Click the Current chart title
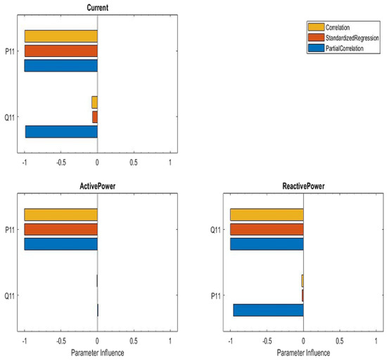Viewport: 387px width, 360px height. tap(97, 8)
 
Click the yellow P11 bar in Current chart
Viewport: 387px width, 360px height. tap(61, 36)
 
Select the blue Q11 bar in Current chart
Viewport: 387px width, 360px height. tap(61, 131)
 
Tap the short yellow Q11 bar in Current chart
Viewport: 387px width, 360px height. tap(94, 102)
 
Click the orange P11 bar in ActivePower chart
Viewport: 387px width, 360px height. tap(61, 229)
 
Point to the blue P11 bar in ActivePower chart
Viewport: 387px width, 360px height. tap(61, 244)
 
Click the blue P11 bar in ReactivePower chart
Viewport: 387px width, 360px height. tap(268, 310)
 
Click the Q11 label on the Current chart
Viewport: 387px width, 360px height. tap(11, 117)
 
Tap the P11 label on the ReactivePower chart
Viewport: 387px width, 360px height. tap(217, 295)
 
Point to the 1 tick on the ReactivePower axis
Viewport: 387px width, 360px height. tap(376, 341)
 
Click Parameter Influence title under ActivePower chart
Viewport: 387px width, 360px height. tap(97, 353)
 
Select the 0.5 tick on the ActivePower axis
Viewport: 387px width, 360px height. tap(134, 341)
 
